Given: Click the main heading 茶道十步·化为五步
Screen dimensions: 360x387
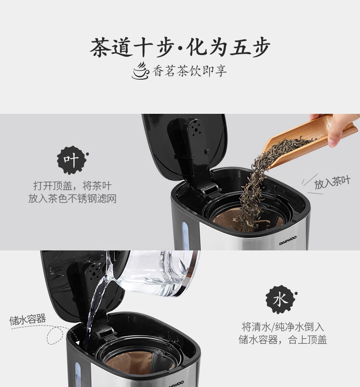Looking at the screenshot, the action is pyautogui.click(x=180, y=47).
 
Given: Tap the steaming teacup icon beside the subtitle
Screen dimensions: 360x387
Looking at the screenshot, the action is pyautogui.click(x=141, y=71).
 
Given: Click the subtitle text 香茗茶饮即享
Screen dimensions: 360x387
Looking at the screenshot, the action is pyautogui.click(x=190, y=71).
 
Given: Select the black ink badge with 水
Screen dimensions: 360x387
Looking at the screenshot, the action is pyautogui.click(x=281, y=300).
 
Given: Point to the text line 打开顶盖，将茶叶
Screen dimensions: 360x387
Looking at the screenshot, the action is pyautogui.click(x=72, y=186).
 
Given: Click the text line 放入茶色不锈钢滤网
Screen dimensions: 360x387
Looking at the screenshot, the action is pyautogui.click(x=72, y=199).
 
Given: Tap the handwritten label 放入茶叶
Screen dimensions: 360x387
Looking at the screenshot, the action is pyautogui.click(x=332, y=182).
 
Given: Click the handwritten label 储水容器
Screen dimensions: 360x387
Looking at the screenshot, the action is pyautogui.click(x=28, y=319).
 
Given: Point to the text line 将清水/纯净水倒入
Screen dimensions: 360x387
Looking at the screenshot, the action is pyautogui.click(x=283, y=327).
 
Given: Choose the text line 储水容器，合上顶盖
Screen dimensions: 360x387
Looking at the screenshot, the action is pyautogui.click(x=283, y=340).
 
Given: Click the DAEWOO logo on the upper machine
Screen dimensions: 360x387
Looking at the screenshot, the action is pyautogui.click(x=288, y=240).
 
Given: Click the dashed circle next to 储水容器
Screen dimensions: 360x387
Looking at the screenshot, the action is pyautogui.click(x=55, y=336).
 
